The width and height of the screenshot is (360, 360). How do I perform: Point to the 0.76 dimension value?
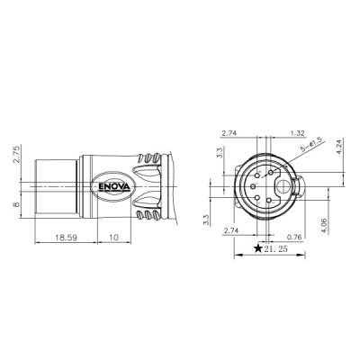pyautogui.click(x=296, y=238)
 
